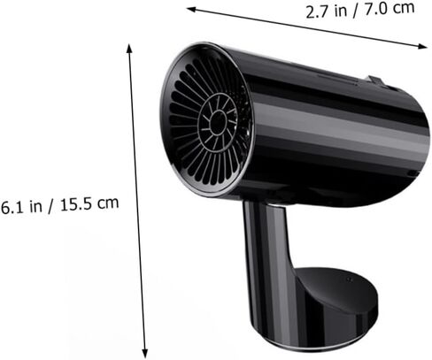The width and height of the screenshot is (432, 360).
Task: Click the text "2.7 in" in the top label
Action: [x=326, y=11]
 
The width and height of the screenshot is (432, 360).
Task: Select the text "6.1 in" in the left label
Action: [x=21, y=206]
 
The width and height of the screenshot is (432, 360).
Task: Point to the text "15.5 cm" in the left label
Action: [x=89, y=203]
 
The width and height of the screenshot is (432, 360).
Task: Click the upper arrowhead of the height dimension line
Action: [x=129, y=48]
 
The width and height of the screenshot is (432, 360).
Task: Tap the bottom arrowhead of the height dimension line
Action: [x=144, y=353]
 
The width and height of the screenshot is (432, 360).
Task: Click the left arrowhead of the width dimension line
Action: [x=190, y=9]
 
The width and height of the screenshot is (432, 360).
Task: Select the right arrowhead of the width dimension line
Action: [x=422, y=46]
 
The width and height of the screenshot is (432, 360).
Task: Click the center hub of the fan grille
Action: [x=219, y=122]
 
